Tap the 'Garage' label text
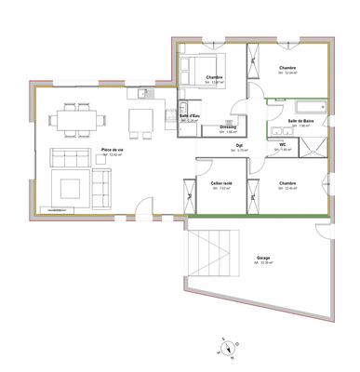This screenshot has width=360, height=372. (264, 256)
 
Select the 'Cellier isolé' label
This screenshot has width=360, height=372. (221, 184)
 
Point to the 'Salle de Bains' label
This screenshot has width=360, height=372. (300, 121)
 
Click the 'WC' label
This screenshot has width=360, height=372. (281, 144)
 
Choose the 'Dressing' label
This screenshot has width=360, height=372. (229, 126)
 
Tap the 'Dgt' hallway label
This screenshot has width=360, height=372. (239, 144)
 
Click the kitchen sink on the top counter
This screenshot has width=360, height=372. (142, 93)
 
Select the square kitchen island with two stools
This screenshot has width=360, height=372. (141, 120)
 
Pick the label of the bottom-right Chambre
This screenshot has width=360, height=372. (287, 184)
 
